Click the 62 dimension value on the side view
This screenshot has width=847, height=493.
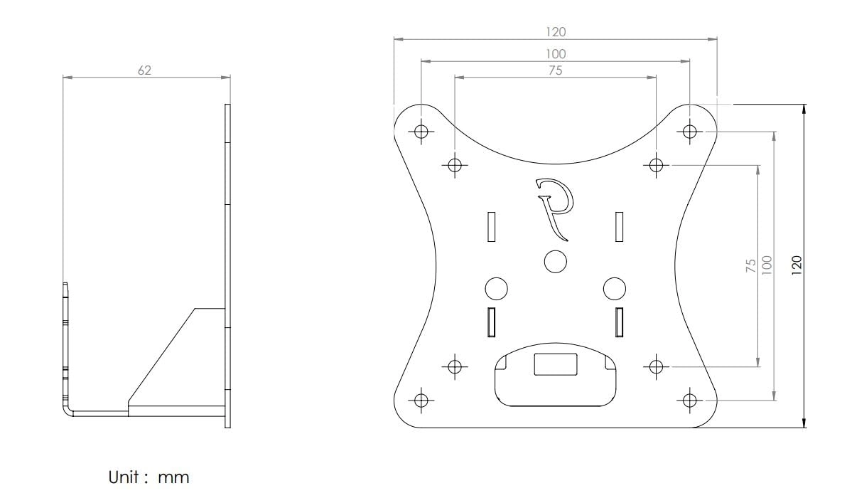click(144, 70)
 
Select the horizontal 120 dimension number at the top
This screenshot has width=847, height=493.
click(556, 31)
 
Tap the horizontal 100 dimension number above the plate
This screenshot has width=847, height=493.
click(556, 53)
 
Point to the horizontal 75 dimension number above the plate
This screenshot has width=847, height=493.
click(556, 69)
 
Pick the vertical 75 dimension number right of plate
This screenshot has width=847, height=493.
click(750, 266)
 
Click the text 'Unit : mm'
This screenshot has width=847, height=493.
click(149, 477)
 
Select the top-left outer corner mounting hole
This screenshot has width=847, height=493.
click(421, 131)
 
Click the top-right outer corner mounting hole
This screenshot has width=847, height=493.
click(689, 131)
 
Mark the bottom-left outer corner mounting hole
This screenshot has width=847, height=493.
click(421, 399)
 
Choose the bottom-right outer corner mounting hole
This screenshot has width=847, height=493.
click(689, 399)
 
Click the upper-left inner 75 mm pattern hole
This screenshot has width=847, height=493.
click(455, 164)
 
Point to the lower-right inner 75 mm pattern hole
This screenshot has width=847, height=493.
click(656, 366)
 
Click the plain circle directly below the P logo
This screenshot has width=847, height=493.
click(555, 261)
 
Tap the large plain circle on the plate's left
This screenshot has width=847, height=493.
click(496, 288)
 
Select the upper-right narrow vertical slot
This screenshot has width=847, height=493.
click(619, 226)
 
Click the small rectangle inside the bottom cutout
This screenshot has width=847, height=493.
click(556, 364)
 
